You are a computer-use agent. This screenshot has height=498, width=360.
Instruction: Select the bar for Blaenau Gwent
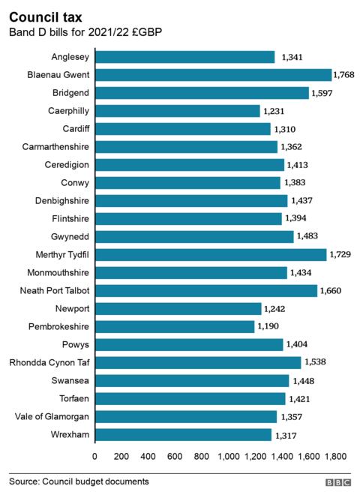pyautogui.click(x=213, y=75)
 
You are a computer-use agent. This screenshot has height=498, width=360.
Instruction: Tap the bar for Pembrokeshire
pyautogui.click(x=175, y=326)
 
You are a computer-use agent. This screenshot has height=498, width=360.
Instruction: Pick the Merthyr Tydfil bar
pyautogui.click(x=211, y=254)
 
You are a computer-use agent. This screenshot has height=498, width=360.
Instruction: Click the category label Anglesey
pyautogui.click(x=70, y=57)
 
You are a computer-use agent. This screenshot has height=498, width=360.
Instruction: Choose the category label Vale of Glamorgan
pyautogui.click(x=50, y=416)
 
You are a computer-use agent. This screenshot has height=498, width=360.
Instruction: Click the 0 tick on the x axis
pyautogui.click(x=94, y=455)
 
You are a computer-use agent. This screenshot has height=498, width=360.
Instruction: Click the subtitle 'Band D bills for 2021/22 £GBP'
pyautogui.click(x=85, y=32)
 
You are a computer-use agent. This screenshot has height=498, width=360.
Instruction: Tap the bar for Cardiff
pyautogui.click(x=182, y=129)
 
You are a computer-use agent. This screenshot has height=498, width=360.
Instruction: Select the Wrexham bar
pyautogui.click(x=183, y=434)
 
